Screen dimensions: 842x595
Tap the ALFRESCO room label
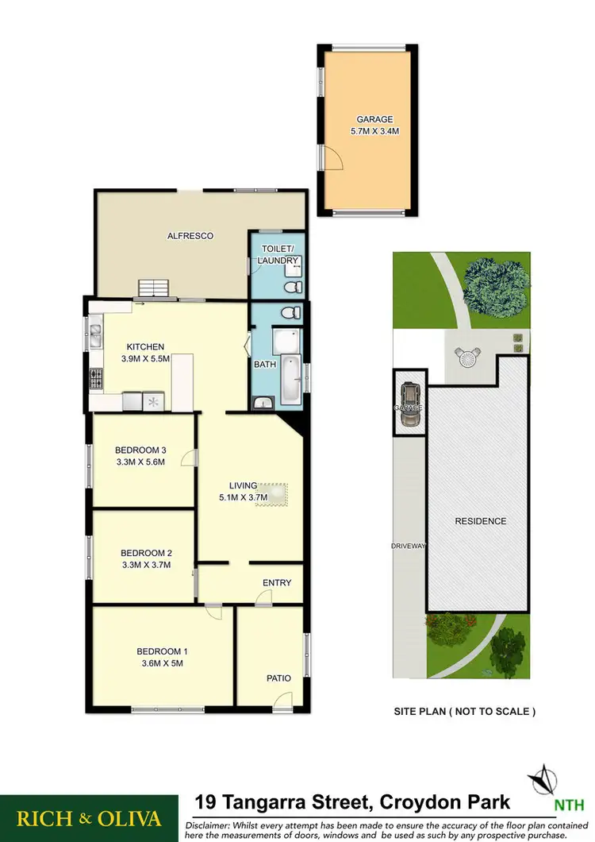[190, 236]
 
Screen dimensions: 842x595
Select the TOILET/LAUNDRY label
[280, 254]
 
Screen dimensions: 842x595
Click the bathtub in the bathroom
[292, 381]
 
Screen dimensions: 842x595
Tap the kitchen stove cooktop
[97, 379]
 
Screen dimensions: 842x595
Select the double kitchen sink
[95, 334]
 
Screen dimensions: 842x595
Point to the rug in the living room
[273, 494]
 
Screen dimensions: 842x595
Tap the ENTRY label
[277, 582]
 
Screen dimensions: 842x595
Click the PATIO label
[278, 678]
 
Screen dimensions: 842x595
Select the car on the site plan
[411, 405]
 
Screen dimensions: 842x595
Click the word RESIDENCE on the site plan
[480, 521]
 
